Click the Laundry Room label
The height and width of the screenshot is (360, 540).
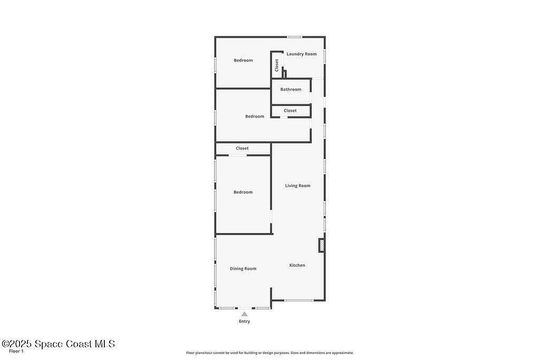pos(301,54)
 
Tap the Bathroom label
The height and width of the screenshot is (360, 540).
pos(291,90)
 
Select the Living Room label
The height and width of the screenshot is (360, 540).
pos(297,186)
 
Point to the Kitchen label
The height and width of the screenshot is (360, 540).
pos(297,265)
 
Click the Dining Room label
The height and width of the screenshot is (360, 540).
pos(243,269)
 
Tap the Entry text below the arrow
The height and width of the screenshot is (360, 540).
pos(245,322)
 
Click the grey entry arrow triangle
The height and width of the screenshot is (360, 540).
pos(245,314)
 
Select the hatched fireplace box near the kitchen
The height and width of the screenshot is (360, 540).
pos(321,246)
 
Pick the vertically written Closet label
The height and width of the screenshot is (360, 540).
pos(276,65)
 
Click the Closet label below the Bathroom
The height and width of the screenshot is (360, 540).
pos(290,111)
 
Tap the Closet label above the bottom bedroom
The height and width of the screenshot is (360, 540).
pos(242,148)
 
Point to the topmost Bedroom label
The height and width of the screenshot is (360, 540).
pos(243,61)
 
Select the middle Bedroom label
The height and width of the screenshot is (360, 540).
pos(255,116)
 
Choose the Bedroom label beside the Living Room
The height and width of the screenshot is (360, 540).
pos(243,192)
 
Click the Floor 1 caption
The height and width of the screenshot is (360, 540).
pos(16,352)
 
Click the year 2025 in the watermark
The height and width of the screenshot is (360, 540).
pos(21,344)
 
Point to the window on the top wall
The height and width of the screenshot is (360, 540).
pos(295,37)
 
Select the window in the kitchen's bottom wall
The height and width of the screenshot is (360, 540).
pos(299,300)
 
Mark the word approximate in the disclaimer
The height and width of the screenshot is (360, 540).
pos(343,353)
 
